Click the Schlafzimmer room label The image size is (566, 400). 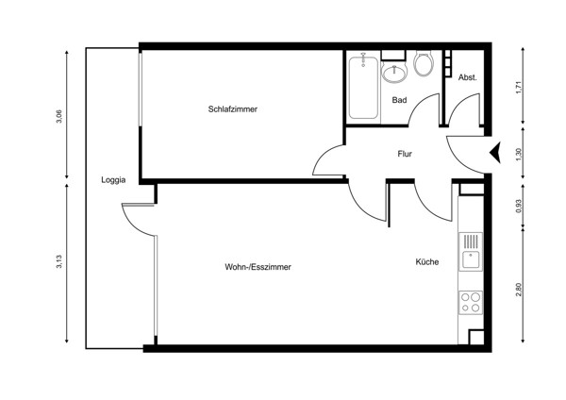(x=233, y=109)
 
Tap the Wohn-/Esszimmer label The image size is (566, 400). (x=258, y=268)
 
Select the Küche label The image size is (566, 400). (x=426, y=262)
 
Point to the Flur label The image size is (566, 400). (x=405, y=154)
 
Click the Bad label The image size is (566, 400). (x=399, y=100)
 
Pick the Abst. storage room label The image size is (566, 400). (x=468, y=77)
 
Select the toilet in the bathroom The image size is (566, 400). (x=423, y=65)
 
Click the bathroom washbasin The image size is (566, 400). (x=393, y=72)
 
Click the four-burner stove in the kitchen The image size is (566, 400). (x=470, y=303)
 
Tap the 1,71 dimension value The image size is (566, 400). (x=517, y=91)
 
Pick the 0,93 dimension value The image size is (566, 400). (x=517, y=208)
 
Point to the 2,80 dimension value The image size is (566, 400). (x=517, y=290)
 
